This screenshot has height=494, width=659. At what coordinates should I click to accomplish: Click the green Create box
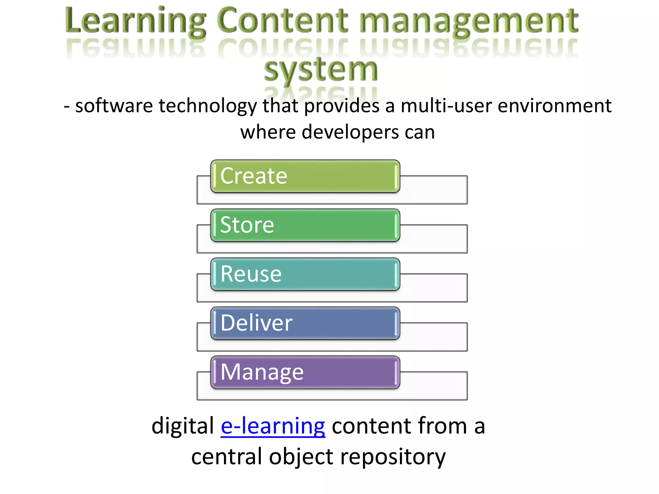[x=305, y=176]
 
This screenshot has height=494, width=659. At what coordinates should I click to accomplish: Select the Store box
[x=305, y=225]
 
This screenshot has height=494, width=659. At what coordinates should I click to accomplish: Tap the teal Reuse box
[x=305, y=274]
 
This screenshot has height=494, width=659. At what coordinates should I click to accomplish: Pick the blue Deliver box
[x=305, y=323]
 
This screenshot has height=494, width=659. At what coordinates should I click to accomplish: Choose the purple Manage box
[x=305, y=372]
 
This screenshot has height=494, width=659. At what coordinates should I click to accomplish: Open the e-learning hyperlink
[x=273, y=426]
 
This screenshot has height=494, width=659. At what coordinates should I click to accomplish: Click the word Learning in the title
[x=135, y=21]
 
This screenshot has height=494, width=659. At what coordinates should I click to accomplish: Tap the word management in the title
[x=469, y=21]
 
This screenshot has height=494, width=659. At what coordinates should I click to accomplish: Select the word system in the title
[x=320, y=70]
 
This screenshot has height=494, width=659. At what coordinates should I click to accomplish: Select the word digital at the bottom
[x=182, y=426]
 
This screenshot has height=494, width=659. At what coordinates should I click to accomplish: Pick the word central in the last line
[x=227, y=457]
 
